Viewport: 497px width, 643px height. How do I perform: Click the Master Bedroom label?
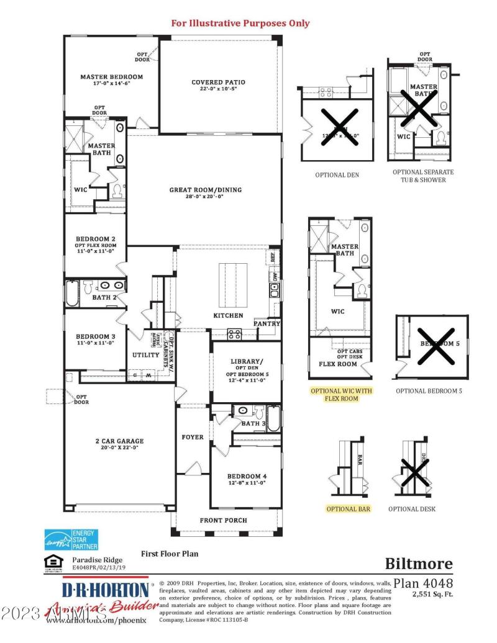pyautogui.click(x=111, y=77)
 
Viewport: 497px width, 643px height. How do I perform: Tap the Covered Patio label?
pyautogui.click(x=218, y=82)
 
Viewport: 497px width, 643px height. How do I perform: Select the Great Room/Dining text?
pyautogui.click(x=206, y=190)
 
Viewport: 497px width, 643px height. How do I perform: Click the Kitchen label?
pyautogui.click(x=228, y=315)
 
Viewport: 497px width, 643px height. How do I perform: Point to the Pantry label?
pyautogui.click(x=267, y=323)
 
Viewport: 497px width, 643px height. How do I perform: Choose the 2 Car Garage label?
pyautogui.click(x=116, y=441)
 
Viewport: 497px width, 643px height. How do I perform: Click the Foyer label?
pyautogui.click(x=193, y=437)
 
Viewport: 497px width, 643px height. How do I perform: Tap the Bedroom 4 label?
pyautogui.click(x=247, y=475)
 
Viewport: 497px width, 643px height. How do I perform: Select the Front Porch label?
pyautogui.click(x=223, y=520)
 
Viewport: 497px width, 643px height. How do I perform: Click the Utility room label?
pyautogui.click(x=146, y=355)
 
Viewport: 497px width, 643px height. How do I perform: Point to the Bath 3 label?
pyautogui.click(x=254, y=423)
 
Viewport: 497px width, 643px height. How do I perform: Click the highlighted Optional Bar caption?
pyautogui.click(x=349, y=509)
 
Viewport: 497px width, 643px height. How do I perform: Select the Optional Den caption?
pyautogui.click(x=337, y=175)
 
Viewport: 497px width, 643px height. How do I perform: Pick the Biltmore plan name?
pyautogui.click(x=419, y=564)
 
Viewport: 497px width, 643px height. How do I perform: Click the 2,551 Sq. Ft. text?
pyautogui.click(x=432, y=594)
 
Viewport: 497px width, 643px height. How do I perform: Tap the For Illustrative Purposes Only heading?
pyautogui.click(x=240, y=24)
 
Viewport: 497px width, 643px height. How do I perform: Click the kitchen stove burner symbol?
pyautogui.click(x=235, y=333)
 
